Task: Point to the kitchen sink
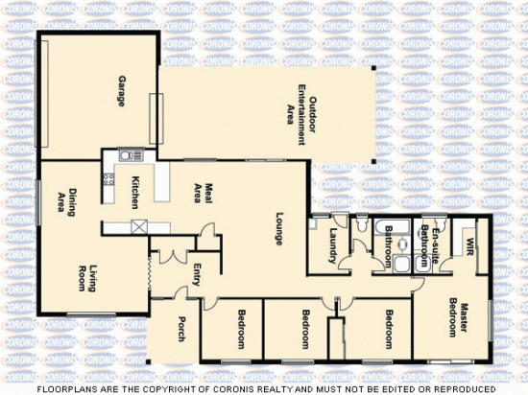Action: pos(126,154)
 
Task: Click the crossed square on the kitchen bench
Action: pos(140,226)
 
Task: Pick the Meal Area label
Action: pos(201,192)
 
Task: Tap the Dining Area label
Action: pos(65,203)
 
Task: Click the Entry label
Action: pos(196,272)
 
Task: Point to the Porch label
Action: pos(179,329)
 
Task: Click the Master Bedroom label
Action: pos(458,317)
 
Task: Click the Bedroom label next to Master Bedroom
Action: pos(389,329)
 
